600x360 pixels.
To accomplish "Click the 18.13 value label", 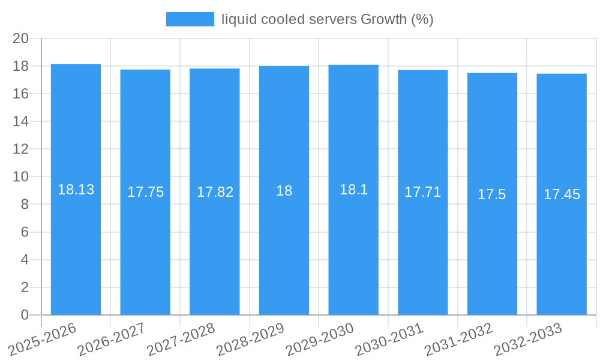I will coord(76,190).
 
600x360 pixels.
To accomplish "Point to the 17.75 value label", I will coord(145,192).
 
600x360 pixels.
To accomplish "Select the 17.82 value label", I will coord(215,192).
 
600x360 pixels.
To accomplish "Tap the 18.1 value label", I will coord(353,190).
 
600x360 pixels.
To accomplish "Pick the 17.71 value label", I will coord(422,192).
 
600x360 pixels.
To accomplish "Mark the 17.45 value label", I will coord(562,194).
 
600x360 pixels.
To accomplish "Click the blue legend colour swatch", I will coord(190,19).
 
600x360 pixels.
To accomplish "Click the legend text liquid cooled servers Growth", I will coord(327,19).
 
